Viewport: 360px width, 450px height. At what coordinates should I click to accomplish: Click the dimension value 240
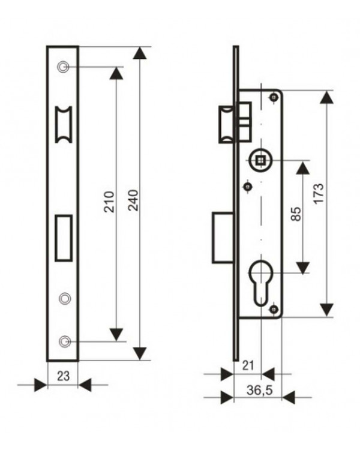133,200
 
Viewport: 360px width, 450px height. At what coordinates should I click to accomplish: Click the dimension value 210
109,202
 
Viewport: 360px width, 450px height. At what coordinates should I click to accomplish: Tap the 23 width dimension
63,376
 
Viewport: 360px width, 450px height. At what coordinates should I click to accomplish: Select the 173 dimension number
319,193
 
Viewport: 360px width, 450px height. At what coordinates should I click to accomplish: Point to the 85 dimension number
296,214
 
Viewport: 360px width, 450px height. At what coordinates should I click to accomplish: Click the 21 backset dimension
248,365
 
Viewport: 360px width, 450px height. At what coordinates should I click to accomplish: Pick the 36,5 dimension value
259,391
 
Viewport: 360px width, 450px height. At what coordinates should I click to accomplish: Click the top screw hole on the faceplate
63,67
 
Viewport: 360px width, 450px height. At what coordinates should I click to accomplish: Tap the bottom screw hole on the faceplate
65,341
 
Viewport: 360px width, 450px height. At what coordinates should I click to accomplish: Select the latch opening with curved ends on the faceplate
64,125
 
